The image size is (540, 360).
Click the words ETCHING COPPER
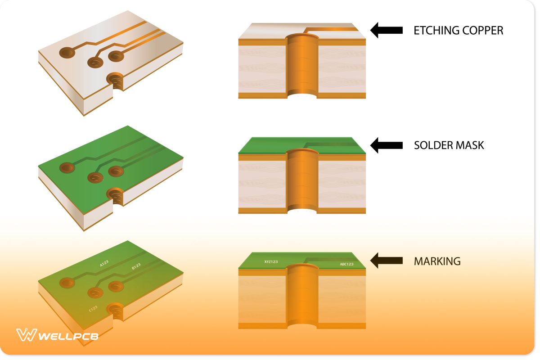[458, 31]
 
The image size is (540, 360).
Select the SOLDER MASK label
[449, 145]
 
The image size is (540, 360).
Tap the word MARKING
[437, 261]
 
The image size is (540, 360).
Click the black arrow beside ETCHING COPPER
[386, 30]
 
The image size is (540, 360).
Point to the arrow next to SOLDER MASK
[386, 145]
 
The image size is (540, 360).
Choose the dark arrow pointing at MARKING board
[386, 260]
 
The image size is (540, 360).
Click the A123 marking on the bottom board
[104, 263]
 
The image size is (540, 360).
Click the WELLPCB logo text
[68, 336]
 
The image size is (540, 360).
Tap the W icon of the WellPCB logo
[26, 335]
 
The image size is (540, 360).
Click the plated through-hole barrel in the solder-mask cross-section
[302, 180]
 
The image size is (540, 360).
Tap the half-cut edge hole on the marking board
[116, 311]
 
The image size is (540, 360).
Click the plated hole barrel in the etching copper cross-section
[302, 65]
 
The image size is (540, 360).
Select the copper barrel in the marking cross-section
[302, 295]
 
